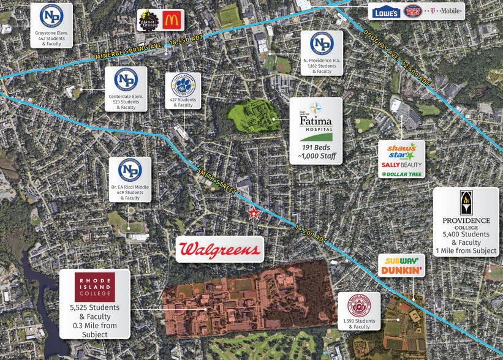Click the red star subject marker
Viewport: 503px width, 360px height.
pos(253,213)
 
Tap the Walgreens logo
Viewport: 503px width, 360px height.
pos(219,249)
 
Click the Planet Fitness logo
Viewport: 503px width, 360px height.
pos(149,21)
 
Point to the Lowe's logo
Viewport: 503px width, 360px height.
pos(386,12)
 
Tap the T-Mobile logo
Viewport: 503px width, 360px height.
pos(444,12)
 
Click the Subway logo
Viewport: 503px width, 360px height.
pos(401,259)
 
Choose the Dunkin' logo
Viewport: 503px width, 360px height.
pos(401,270)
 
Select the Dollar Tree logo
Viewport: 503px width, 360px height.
pos(401,174)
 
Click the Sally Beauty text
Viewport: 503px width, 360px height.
pos(401,165)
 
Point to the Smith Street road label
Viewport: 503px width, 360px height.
pos(216,182)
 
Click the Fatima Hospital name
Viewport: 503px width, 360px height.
pos(316,121)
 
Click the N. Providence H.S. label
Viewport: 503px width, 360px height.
pos(321,60)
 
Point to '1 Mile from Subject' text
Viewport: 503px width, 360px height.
pos(466,251)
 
